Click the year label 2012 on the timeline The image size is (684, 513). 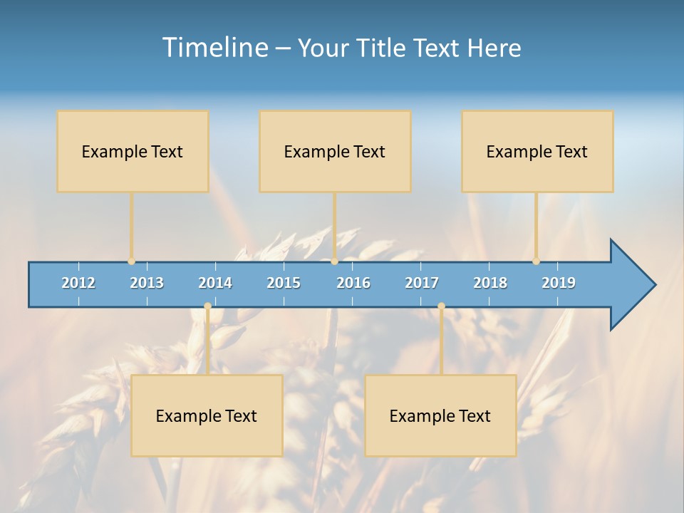(x=78, y=283)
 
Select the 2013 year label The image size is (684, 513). (x=147, y=283)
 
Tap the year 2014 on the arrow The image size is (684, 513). (x=215, y=283)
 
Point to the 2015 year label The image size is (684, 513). (x=284, y=283)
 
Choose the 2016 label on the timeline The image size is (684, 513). (x=353, y=283)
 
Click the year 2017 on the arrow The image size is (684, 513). (x=422, y=283)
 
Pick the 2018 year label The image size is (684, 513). (x=490, y=283)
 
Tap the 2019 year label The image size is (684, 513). (x=559, y=283)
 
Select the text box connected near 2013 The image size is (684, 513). (x=133, y=151)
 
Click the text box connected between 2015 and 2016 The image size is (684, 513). (x=335, y=151)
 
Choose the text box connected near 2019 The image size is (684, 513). (x=537, y=151)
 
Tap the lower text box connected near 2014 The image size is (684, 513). (x=207, y=415)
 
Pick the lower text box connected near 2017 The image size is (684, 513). (x=440, y=415)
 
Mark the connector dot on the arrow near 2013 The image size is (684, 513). (x=132, y=261)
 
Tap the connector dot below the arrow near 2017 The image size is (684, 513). (x=441, y=306)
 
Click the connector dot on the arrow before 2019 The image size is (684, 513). (x=537, y=261)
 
